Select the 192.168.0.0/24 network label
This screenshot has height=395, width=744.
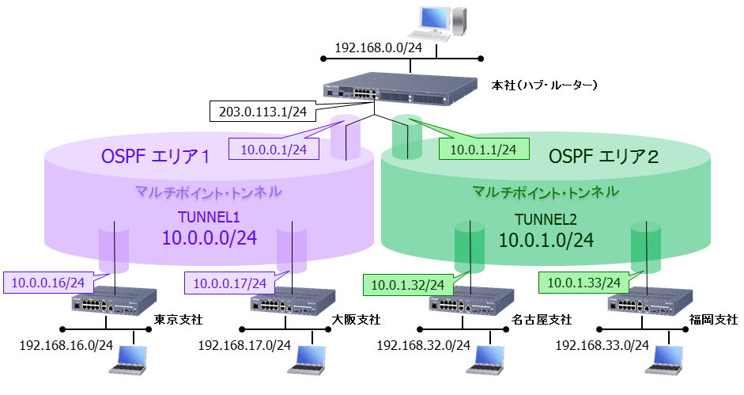coord(378,48)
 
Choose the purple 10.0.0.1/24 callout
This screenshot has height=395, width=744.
coord(273,147)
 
